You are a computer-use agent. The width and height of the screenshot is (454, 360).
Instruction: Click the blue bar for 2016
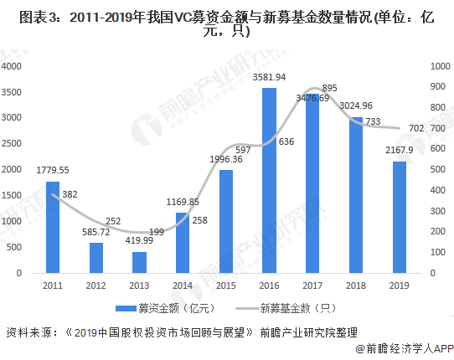click(x=269, y=180)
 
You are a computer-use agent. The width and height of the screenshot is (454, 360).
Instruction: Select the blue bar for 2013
click(x=139, y=262)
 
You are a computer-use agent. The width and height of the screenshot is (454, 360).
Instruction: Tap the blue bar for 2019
click(x=399, y=217)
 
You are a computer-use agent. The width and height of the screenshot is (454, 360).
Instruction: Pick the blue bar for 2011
click(x=53, y=227)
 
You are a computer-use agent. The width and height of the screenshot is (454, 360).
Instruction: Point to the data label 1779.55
click(x=53, y=170)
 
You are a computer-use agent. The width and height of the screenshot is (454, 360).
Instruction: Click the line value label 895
click(x=329, y=88)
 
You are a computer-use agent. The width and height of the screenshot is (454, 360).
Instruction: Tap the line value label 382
click(x=70, y=195)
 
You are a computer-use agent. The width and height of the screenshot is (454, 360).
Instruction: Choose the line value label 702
click(x=415, y=129)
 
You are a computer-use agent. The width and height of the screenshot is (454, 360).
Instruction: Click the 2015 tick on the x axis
click(x=225, y=285)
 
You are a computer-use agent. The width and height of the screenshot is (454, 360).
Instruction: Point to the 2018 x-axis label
click(x=355, y=285)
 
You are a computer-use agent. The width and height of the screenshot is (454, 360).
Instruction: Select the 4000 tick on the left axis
click(x=15, y=66)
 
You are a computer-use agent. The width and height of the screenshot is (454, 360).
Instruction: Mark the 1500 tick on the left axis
click(x=15, y=195)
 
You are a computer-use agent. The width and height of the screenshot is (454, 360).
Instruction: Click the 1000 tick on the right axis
click(x=440, y=66)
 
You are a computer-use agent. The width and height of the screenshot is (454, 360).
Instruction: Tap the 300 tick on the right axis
click(x=438, y=211)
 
